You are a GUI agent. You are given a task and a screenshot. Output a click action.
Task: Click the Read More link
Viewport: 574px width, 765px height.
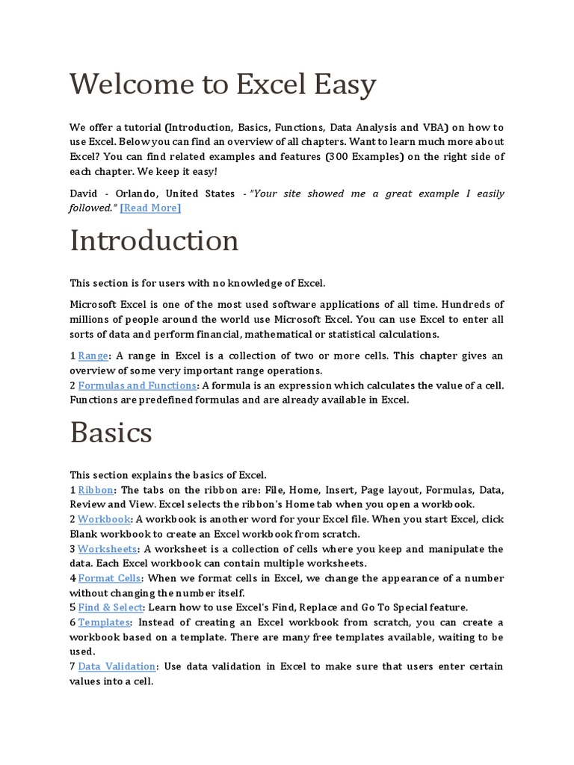pyautogui.click(x=150, y=208)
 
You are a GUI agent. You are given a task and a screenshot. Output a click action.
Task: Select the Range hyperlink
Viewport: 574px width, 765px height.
pyautogui.click(x=93, y=356)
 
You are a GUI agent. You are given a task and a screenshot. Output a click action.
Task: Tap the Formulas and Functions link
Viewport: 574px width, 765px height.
pyautogui.click(x=138, y=385)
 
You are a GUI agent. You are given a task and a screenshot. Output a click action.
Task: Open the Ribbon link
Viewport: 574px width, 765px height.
pyautogui.click(x=96, y=490)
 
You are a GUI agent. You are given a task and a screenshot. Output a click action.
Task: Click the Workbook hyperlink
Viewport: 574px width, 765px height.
pyautogui.click(x=105, y=519)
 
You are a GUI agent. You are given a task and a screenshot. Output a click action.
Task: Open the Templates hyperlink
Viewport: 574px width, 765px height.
pyautogui.click(x=104, y=622)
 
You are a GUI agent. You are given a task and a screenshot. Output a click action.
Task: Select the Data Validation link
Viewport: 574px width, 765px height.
pyautogui.click(x=117, y=666)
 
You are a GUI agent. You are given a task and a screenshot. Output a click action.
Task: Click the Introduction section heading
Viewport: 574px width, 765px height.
pyautogui.click(x=154, y=241)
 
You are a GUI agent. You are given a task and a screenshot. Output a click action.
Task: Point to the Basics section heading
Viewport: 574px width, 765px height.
pyautogui.click(x=111, y=433)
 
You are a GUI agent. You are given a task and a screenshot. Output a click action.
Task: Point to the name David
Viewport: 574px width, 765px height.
pyautogui.click(x=84, y=193)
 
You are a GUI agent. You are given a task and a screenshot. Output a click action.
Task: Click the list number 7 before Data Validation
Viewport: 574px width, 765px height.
pyautogui.click(x=72, y=666)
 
